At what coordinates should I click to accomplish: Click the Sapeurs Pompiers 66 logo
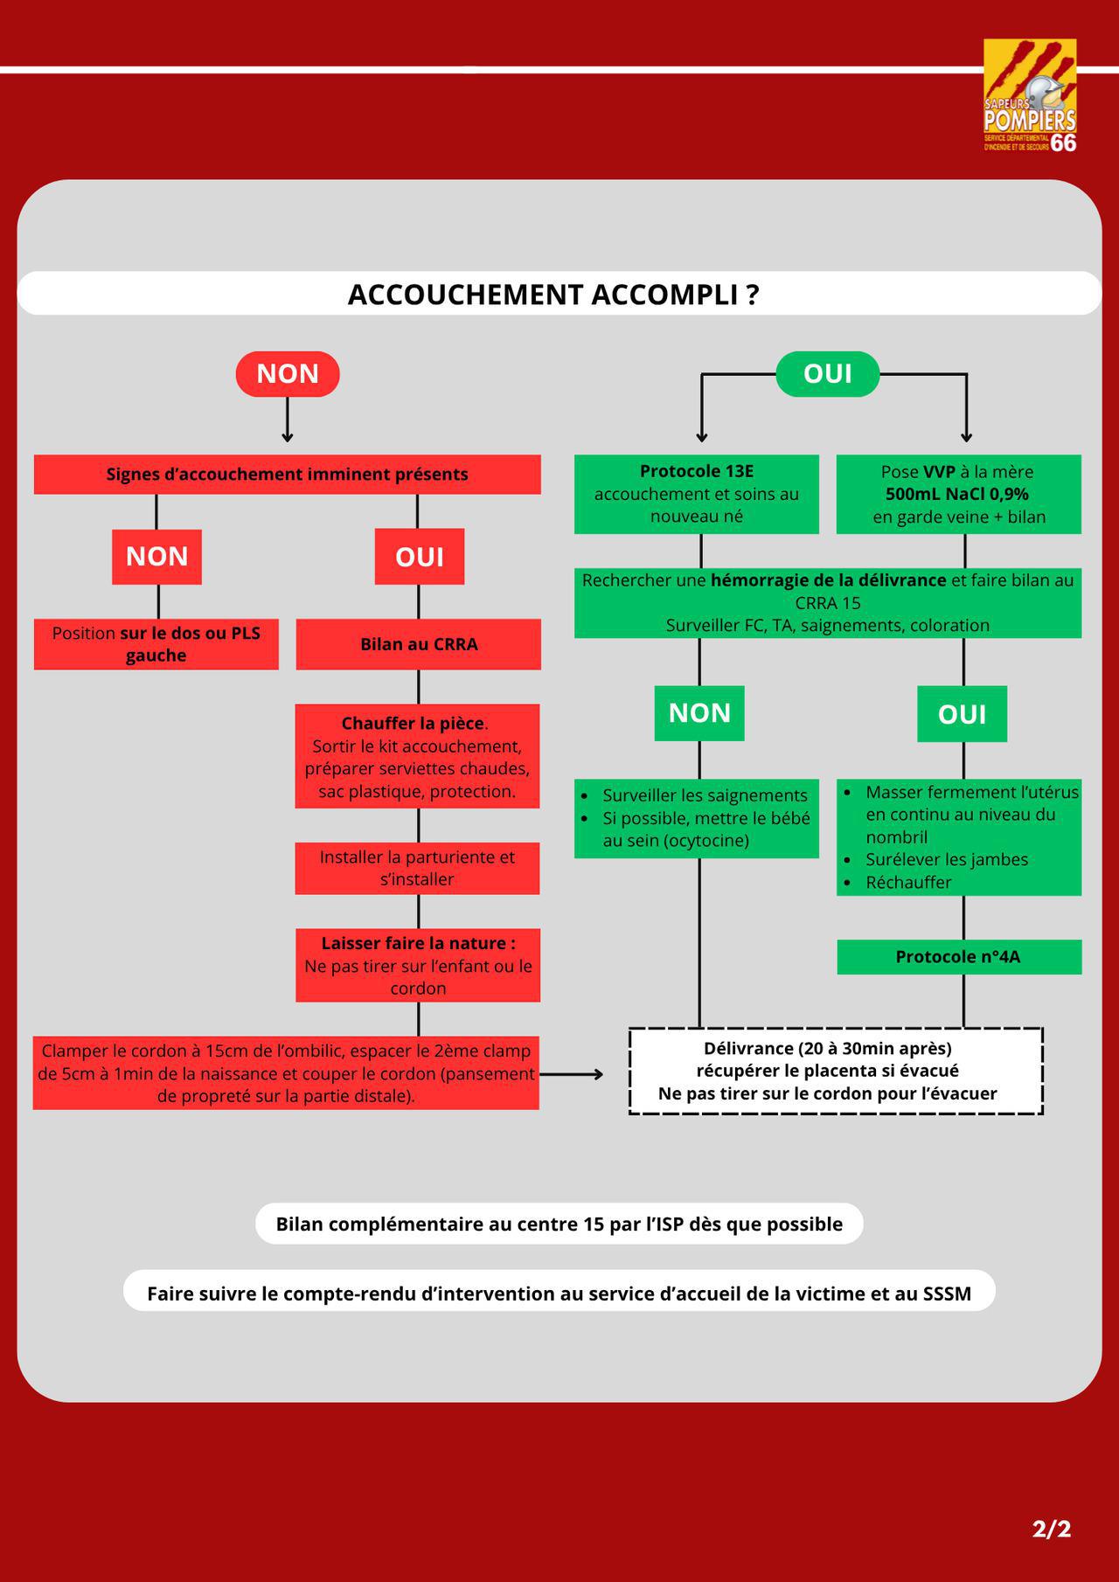click(x=1030, y=96)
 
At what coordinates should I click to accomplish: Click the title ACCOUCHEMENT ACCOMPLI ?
click(x=553, y=295)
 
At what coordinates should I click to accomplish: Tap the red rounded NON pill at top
click(x=288, y=374)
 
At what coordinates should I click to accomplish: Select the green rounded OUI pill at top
click(x=828, y=374)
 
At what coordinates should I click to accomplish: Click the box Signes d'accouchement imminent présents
click(x=288, y=475)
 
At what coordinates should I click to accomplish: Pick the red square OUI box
click(x=420, y=557)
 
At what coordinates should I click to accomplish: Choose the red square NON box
click(x=156, y=557)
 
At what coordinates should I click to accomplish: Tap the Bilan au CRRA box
click(x=419, y=644)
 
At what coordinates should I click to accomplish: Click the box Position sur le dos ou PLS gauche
click(x=156, y=644)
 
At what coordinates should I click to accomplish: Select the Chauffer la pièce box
click(x=418, y=756)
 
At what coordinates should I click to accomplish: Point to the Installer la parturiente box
click(x=418, y=868)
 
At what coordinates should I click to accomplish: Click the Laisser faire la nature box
click(x=418, y=965)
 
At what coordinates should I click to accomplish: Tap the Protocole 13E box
click(x=697, y=494)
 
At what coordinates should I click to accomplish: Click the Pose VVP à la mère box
click(x=959, y=494)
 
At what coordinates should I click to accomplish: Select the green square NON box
click(x=699, y=713)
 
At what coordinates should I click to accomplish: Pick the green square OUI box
click(x=963, y=714)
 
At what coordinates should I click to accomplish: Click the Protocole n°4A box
click(x=959, y=957)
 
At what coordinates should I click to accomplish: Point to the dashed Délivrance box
click(x=836, y=1071)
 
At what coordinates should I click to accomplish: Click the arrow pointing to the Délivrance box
click(x=571, y=1074)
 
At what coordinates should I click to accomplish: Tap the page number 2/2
click(x=1051, y=1529)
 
